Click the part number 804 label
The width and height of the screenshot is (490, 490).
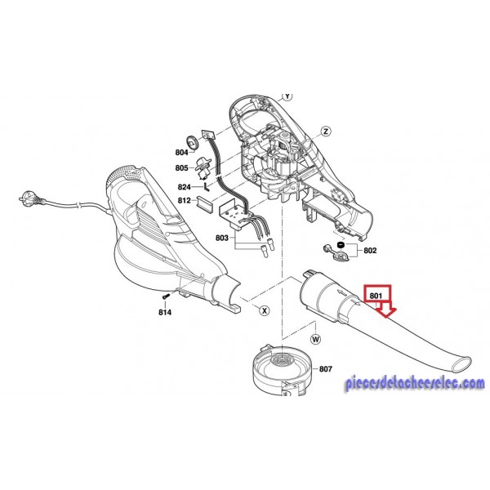point(181,153)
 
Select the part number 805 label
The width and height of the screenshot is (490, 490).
point(181,168)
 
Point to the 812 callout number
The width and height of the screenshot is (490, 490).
point(184,200)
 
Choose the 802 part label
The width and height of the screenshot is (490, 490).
point(369,252)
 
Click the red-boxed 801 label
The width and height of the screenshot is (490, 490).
point(376,295)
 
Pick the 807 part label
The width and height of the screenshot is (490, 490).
point(326,369)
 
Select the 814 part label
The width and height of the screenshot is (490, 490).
point(166,311)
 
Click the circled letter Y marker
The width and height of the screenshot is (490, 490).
point(286,96)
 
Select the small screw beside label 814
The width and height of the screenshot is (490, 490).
point(165,295)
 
